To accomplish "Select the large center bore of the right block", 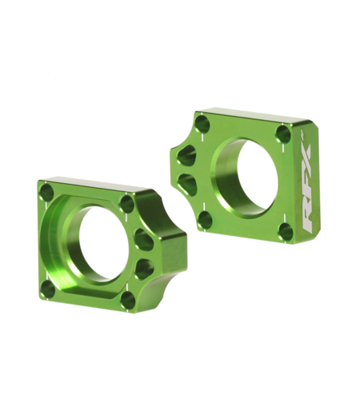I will pos(246,178).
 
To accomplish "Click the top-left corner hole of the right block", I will pos(203,124).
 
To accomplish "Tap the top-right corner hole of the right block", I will pos(282,134).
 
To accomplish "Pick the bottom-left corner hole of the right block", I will pos(205,220).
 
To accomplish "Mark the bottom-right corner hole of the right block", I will pos(286,232).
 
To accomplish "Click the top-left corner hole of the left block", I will pos(48,193).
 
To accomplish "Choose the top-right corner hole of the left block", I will pos(126,203).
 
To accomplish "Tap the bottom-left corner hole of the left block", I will pos(49,288).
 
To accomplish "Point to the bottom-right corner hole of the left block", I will pos(128,299).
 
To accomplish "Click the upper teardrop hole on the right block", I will pos(187,156).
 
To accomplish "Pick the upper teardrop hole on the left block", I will pos(145,238).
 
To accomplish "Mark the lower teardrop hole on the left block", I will pos(145,267).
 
